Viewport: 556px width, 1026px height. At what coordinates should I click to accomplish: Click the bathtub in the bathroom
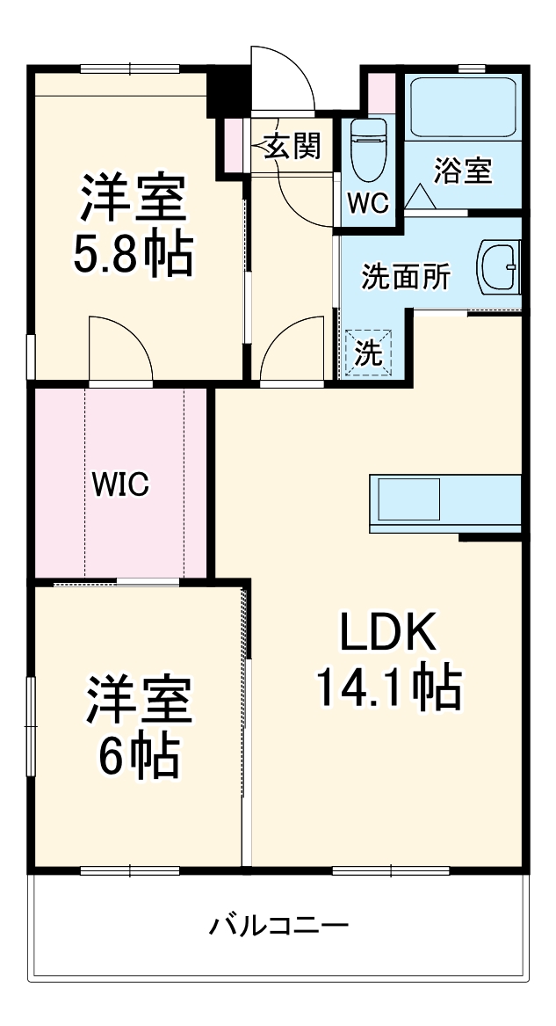[463, 106]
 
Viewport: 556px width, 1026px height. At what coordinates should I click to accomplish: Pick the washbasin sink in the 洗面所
[499, 268]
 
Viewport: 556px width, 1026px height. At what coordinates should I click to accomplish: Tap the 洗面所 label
[407, 278]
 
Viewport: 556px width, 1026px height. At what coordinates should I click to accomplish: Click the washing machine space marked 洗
[368, 353]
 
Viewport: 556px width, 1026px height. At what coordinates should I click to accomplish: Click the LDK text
[387, 632]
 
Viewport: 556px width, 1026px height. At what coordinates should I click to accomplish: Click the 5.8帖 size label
[134, 254]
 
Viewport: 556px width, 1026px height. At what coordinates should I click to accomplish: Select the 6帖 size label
[138, 754]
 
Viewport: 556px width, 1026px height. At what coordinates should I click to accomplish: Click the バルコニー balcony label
[278, 925]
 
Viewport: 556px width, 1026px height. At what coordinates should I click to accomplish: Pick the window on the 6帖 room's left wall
[32, 703]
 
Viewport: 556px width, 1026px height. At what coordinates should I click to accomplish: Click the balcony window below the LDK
[392, 871]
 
